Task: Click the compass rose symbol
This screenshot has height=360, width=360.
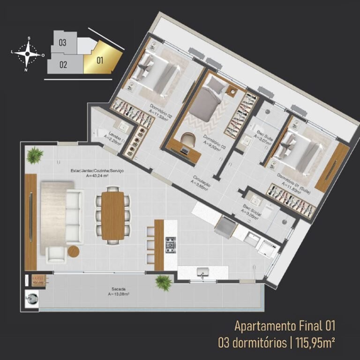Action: pyautogui.click(x=28, y=54)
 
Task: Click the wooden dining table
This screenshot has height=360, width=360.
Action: pyautogui.click(x=113, y=215)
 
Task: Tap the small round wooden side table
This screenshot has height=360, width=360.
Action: pyautogui.click(x=74, y=251)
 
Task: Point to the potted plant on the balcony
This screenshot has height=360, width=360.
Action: pyautogui.click(x=163, y=283)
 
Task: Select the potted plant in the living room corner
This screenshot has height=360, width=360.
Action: pyautogui.click(x=35, y=155)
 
